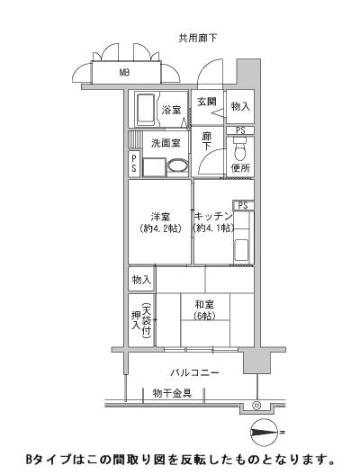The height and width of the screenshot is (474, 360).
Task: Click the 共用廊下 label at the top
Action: coord(198,37)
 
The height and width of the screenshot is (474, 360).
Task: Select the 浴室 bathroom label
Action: coord(172,110)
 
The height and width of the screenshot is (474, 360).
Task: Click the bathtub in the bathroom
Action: coord(145,110)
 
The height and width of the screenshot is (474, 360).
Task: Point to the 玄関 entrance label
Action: coord(207,102)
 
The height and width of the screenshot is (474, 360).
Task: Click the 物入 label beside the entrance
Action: coord(239,107)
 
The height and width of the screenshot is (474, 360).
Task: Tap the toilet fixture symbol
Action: coord(239,151)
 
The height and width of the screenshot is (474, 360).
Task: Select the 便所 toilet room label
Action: coord(239,168)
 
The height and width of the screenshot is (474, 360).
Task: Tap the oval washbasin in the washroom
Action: coord(176,165)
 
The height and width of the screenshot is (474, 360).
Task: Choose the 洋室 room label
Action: coord(161,216)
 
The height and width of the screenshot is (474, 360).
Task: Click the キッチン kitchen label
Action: coord(213,216)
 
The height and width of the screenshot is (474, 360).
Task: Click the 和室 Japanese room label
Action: coord(204,304)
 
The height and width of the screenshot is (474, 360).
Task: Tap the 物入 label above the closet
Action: coord(139,279)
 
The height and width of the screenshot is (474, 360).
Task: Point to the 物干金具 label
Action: coord(171,393)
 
